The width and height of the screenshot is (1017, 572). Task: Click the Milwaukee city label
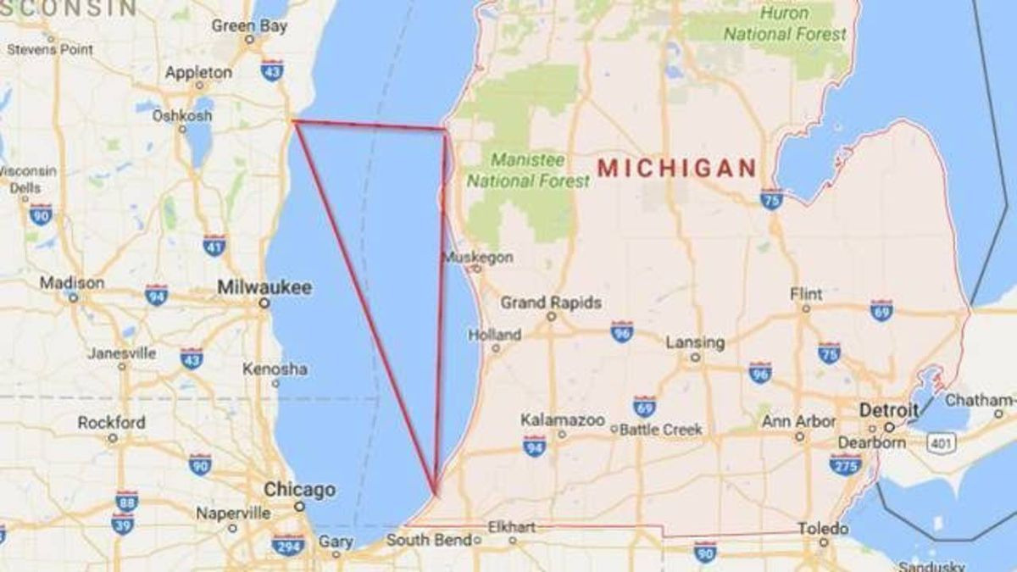point(264,287)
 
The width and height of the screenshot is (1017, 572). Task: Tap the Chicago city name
point(299,490)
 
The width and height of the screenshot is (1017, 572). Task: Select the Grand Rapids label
point(551,303)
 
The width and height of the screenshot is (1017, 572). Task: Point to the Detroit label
point(888,410)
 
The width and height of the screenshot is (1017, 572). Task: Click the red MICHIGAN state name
point(677,167)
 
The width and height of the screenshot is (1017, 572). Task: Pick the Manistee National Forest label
point(528,170)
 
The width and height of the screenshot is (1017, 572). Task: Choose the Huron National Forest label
point(785,24)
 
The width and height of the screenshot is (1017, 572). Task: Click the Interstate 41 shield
point(214,245)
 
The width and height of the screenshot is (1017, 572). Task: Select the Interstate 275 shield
point(845,464)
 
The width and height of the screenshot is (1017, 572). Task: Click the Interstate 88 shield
point(126,500)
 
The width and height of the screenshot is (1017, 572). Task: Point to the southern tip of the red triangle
point(436,493)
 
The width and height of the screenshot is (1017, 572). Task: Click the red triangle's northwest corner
point(293,121)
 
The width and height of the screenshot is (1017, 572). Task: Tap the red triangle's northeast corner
point(445,130)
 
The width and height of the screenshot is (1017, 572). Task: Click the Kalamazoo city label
point(563,420)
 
